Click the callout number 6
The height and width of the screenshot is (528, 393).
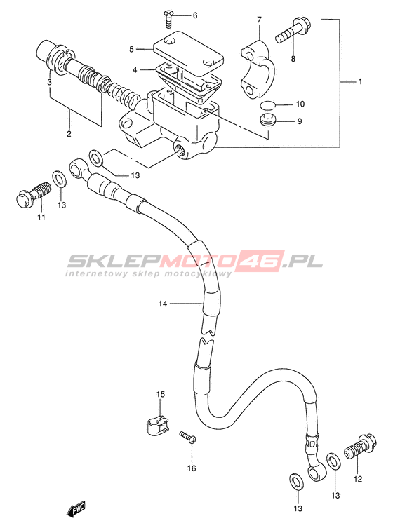195,15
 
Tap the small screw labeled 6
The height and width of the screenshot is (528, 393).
168,19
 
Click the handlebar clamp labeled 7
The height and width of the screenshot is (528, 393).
258,69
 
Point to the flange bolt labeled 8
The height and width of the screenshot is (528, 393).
293,31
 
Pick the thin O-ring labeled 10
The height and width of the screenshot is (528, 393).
267,105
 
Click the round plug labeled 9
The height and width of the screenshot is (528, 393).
268,121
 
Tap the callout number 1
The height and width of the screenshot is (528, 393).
359,81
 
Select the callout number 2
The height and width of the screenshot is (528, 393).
69,134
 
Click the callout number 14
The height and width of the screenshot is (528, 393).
163,304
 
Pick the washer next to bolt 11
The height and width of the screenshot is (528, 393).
60,179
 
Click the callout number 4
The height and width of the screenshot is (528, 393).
135,70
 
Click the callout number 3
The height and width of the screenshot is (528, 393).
49,82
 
